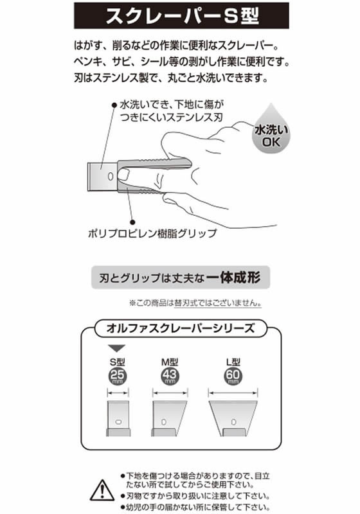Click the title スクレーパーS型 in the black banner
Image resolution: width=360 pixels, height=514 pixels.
[x=183, y=16]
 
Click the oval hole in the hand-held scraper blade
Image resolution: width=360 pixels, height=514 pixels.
[x=111, y=176]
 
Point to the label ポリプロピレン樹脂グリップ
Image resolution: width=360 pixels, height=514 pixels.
[x=152, y=233]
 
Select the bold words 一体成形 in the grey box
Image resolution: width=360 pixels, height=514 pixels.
[x=234, y=278]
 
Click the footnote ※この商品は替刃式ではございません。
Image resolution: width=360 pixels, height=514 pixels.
[x=195, y=303]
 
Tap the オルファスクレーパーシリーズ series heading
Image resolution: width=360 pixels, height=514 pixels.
[x=181, y=328]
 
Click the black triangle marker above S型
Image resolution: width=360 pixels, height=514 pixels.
[x=117, y=348]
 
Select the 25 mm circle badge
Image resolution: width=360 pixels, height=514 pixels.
[x=118, y=377]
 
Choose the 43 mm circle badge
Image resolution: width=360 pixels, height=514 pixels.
[x=170, y=377]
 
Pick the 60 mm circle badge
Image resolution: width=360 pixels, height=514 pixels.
[x=233, y=377]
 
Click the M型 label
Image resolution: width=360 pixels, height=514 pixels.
[x=170, y=362]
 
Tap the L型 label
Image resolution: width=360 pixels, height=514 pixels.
[x=233, y=362]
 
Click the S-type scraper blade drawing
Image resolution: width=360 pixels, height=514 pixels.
[x=118, y=418]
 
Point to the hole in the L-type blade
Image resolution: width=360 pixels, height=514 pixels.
[x=233, y=422]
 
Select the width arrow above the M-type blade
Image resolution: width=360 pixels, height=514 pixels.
[x=170, y=393]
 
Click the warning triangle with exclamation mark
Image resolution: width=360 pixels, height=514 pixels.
[x=102, y=490]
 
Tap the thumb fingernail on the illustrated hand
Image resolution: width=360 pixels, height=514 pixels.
[x=123, y=175]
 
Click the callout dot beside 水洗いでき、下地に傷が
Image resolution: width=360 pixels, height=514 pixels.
[x=114, y=105]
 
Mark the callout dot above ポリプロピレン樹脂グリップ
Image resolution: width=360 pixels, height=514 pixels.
[x=132, y=222]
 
